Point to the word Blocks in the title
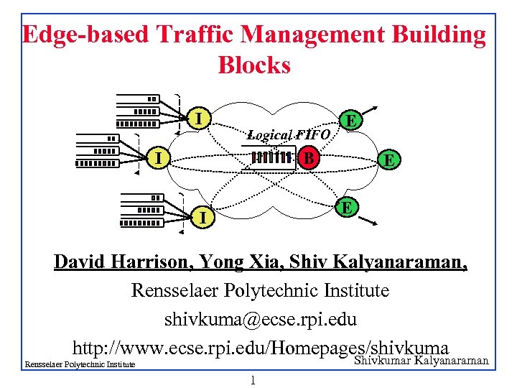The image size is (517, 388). coord(254,65)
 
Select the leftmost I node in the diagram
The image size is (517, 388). coord(162,155)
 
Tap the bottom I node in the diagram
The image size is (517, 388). coord(204,216)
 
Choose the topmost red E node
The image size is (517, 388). coord(350,120)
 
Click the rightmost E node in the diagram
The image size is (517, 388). coord(388,159)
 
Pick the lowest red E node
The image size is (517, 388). coord(347,207)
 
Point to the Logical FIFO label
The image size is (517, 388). coord(288,134)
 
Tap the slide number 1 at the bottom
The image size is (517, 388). coord(253,379)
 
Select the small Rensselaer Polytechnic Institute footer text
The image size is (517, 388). coord(80,365)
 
